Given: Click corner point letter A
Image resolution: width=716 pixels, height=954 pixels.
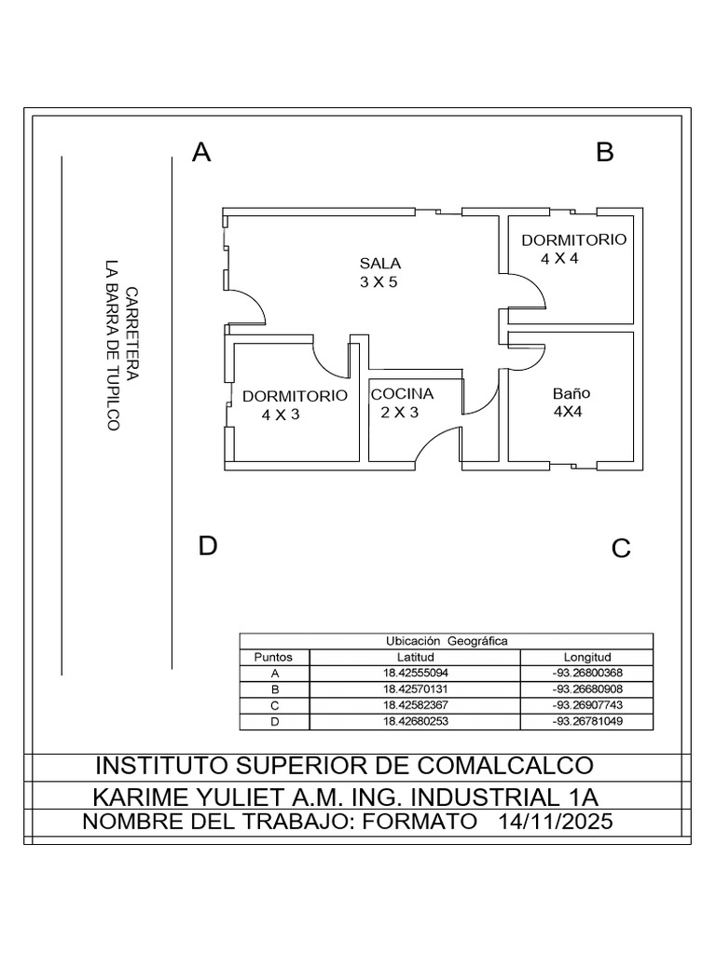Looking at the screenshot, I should pos(201,153).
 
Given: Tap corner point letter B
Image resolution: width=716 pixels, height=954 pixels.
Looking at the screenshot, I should pos(605,153).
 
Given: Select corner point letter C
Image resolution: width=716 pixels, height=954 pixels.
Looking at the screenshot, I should pos(621,549).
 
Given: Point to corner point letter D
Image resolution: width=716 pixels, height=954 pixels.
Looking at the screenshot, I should pos(207,546).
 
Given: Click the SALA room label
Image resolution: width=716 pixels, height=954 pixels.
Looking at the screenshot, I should pos(380,264).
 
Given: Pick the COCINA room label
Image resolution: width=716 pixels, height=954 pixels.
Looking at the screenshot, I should pos(403,394).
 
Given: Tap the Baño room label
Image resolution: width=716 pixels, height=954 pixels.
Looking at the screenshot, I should pos(571,393).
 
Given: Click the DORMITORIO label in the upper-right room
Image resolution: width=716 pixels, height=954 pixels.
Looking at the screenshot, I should pos(573,239).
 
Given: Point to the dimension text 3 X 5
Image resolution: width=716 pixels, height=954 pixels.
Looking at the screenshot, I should pos(379,282).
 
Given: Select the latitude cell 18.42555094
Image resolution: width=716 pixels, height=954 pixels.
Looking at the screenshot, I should pos(415,673).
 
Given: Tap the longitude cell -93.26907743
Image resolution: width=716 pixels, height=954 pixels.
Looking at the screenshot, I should pos(587,705).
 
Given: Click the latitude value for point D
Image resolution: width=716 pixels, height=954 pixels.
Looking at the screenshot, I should pos(415,722).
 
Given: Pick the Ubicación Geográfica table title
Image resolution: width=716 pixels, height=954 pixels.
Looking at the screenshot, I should pos(447,641).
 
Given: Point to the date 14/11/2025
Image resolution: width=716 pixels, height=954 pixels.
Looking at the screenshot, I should pos(557,823).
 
